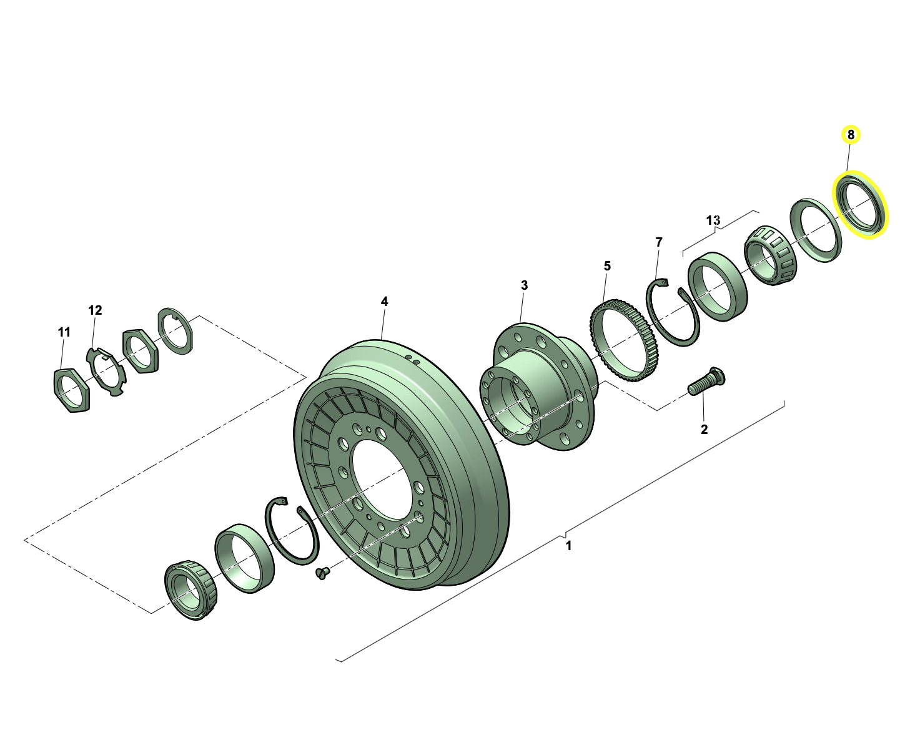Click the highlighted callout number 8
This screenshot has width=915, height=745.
[851, 135]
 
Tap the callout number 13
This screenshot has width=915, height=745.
[713, 220]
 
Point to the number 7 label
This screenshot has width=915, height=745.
[658, 242]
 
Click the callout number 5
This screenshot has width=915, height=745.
[606, 266]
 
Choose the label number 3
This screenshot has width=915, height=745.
[524, 285]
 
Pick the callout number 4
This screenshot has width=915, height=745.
[384, 302]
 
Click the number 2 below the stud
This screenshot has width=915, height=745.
[704, 429]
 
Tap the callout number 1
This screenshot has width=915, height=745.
[569, 546]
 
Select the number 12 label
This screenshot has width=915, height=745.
[95, 310]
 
